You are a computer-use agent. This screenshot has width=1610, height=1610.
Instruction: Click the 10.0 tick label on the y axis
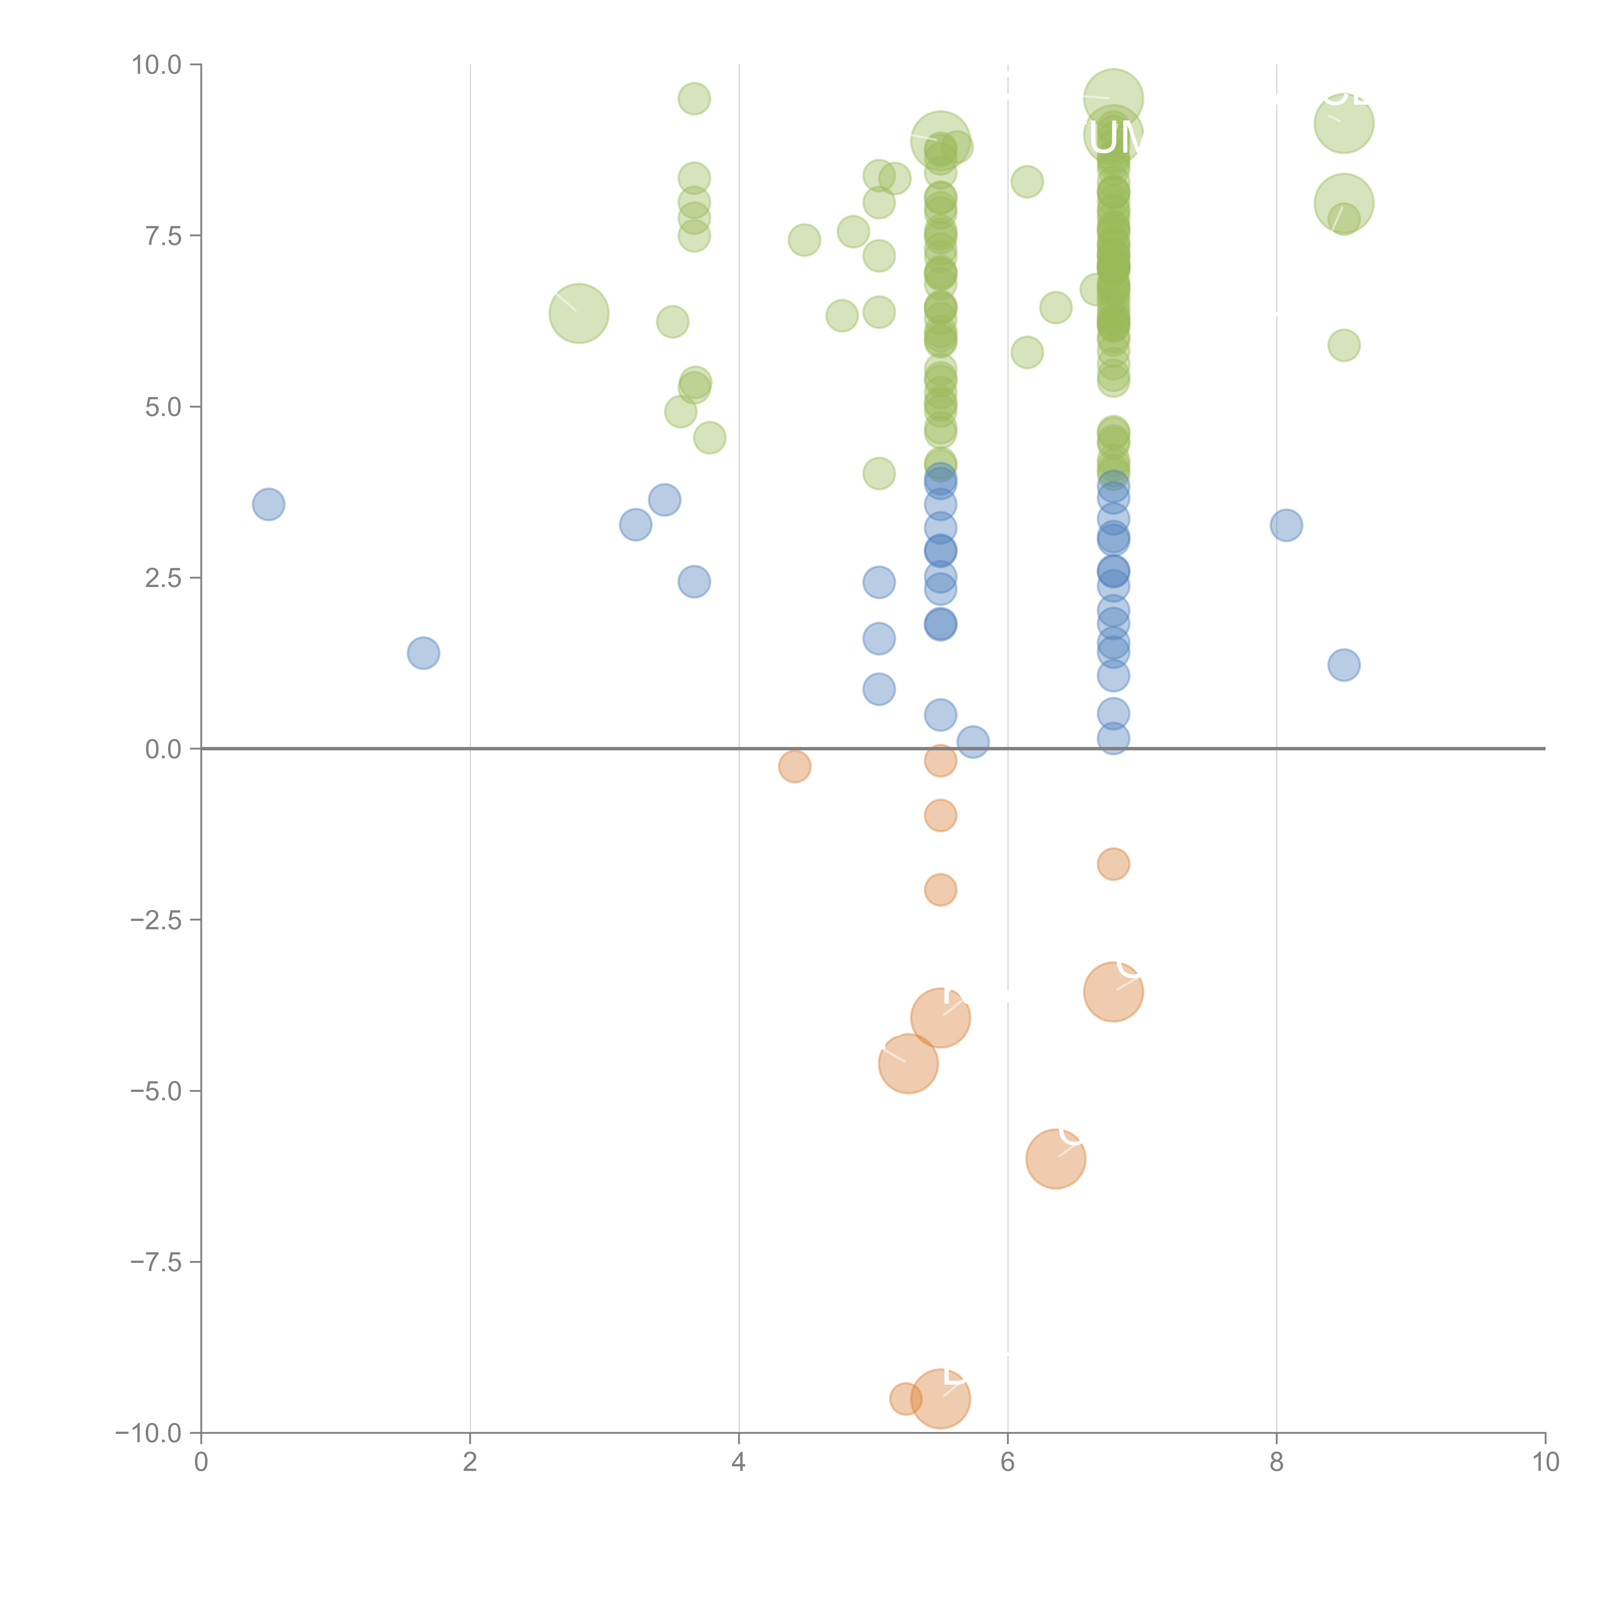tap(157, 65)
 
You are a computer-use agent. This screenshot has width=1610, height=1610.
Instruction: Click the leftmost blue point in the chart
tap(268, 504)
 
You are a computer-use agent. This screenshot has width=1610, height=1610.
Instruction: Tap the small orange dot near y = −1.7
tap(1113, 864)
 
